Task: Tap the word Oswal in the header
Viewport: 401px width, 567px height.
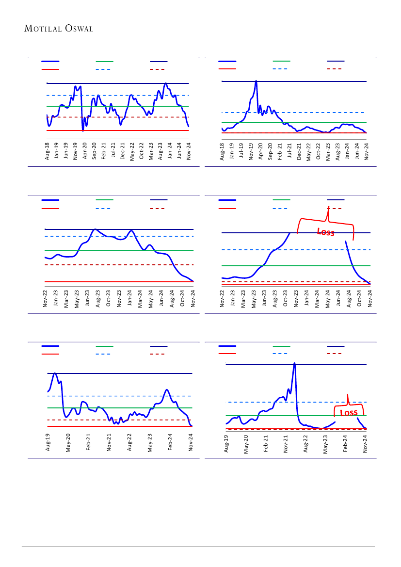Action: pos(78,29)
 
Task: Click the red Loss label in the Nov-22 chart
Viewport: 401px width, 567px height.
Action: pos(326,232)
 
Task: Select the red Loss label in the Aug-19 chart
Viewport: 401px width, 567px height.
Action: pos(349,413)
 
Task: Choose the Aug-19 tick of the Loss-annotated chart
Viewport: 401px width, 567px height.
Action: pos(226,443)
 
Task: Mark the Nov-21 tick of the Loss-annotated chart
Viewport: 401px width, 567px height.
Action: pos(286,443)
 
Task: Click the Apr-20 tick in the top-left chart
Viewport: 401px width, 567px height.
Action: pos(85,151)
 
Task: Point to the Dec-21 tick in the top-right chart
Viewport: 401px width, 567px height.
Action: pos(299,151)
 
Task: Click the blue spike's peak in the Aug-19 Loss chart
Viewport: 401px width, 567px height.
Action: pos(294,363)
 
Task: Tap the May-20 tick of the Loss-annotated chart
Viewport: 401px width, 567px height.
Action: pos(246,443)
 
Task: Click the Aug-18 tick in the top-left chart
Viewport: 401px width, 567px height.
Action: pos(47,151)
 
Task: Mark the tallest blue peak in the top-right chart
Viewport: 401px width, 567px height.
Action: pos(256,81)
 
